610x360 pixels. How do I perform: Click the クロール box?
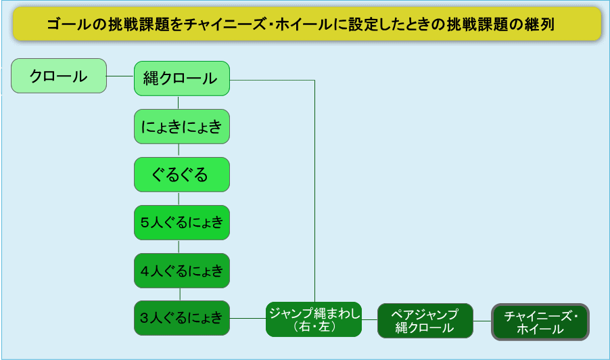click(59, 76)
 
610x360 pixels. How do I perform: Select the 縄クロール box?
click(182, 78)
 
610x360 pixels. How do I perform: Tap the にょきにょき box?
click(182, 127)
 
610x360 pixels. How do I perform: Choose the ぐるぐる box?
click(182, 175)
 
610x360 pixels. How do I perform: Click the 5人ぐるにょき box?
click(182, 223)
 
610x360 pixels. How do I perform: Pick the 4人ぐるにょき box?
click(182, 271)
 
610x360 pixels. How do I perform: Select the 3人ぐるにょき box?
click(182, 318)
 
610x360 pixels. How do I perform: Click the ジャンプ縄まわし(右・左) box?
click(314, 319)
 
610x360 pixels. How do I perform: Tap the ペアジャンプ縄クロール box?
click(425, 321)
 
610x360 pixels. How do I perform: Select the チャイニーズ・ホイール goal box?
click(540, 321)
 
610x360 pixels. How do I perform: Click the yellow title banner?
click(306, 24)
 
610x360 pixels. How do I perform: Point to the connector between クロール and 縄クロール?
click(120, 76)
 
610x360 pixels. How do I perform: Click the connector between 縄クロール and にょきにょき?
click(179, 103)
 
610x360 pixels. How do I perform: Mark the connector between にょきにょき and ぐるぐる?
click(179, 150)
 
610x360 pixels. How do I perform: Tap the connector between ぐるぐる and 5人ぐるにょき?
click(179, 198)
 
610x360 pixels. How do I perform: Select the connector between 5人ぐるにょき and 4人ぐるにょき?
click(179, 246)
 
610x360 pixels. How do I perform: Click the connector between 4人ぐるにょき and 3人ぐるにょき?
click(179, 294)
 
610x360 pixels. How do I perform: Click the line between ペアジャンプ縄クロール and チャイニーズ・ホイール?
click(482, 321)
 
